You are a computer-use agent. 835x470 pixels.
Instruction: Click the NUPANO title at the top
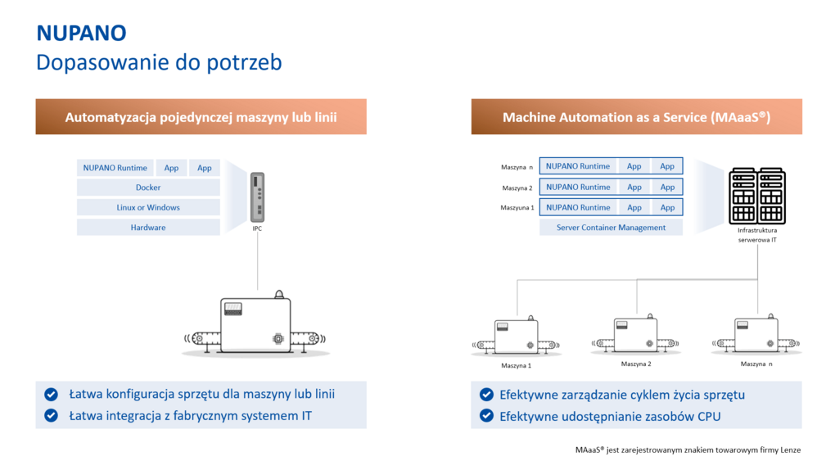[81, 33]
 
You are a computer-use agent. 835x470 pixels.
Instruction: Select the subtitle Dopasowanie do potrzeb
[159, 62]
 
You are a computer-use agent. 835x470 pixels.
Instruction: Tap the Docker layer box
[148, 188]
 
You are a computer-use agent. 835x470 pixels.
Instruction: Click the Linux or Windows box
[148, 207]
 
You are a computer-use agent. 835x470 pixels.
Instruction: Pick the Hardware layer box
[148, 228]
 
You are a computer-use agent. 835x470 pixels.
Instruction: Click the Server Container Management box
[611, 228]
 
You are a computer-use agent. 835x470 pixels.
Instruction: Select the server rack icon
[757, 196]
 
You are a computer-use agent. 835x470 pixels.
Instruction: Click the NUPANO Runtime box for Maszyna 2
[578, 187]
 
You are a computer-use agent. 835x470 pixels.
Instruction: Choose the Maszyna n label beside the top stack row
[517, 167]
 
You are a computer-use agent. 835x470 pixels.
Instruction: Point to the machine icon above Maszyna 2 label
[635, 334]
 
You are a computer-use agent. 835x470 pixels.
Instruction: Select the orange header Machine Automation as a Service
[636, 117]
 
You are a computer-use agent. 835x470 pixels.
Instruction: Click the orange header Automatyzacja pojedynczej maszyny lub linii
[201, 117]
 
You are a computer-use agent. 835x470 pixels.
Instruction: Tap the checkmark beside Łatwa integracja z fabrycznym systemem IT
[52, 416]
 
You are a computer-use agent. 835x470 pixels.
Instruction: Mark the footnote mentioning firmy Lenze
[687, 450]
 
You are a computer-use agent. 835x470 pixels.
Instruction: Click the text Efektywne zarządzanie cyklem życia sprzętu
[621, 395]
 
